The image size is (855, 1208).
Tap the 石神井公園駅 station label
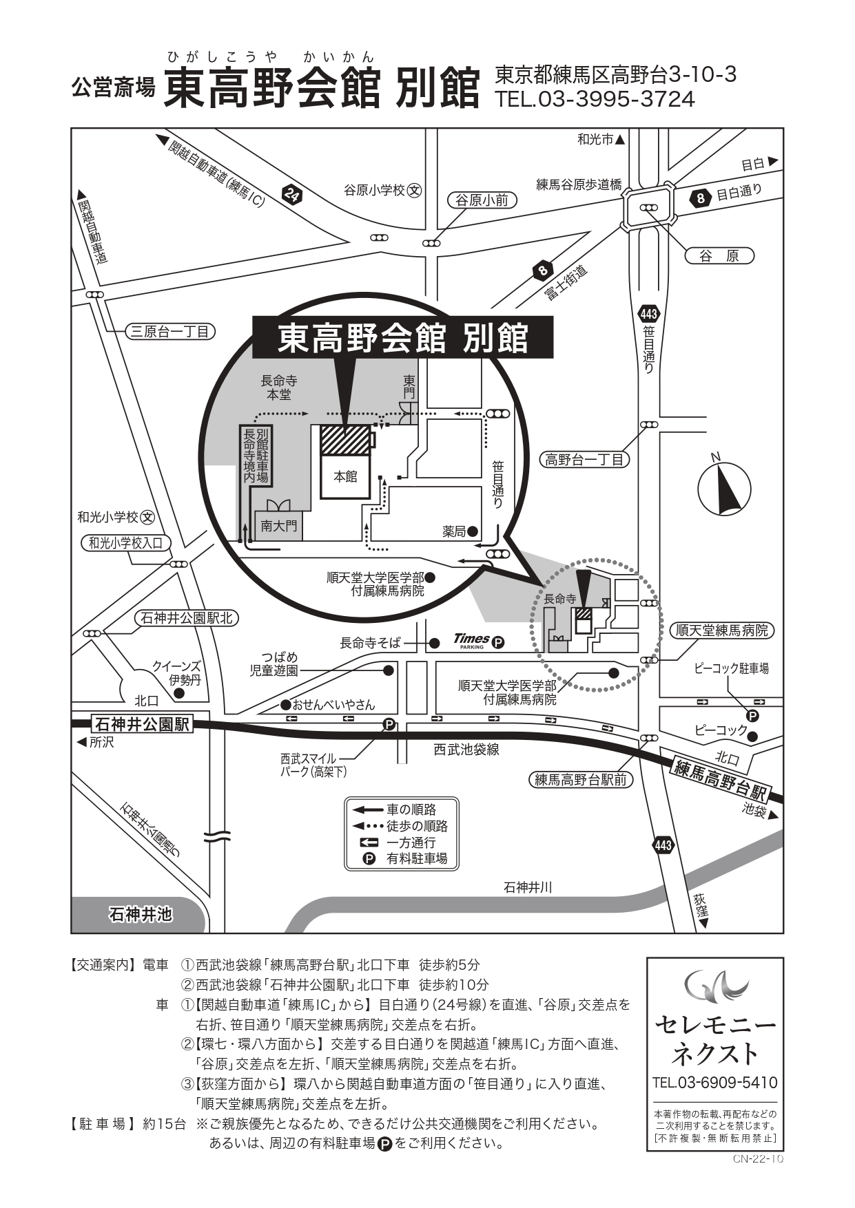coord(142,724)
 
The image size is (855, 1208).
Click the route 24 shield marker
coord(292,195)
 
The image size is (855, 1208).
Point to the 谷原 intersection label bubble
coord(719,256)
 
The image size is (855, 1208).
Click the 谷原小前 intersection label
coord(482,200)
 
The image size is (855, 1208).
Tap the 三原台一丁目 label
coord(169,332)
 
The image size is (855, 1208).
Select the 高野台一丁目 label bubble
coord(584,459)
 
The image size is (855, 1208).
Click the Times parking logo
coord(478,642)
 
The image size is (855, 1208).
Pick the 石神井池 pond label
coord(140,915)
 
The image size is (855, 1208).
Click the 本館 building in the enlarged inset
coord(345,476)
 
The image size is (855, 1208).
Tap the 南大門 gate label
coord(279,526)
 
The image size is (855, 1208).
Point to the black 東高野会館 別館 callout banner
coord(403,337)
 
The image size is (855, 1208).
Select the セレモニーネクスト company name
coord(715,1039)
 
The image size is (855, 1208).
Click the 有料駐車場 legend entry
coord(406,858)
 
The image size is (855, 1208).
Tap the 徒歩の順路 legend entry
coord(400,826)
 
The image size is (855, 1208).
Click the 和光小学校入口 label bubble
coord(125,543)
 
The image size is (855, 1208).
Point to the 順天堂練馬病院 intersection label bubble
coord(722,630)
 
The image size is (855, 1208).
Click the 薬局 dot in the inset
coord(473,531)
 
